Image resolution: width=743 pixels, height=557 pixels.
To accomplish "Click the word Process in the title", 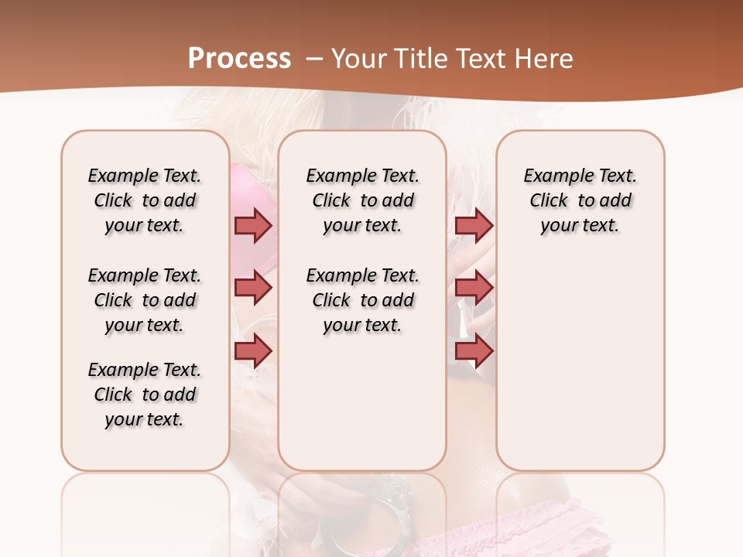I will pyautogui.click(x=239, y=59).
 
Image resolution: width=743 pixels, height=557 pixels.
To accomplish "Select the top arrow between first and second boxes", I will pyautogui.click(x=253, y=225).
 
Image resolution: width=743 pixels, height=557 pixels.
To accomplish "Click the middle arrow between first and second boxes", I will pyautogui.click(x=253, y=288).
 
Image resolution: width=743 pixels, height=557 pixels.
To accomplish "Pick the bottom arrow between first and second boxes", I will pyautogui.click(x=253, y=351).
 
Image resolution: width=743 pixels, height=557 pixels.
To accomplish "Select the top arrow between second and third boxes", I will pyautogui.click(x=474, y=225).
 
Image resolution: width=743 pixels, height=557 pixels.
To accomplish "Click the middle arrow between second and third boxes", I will pyautogui.click(x=474, y=288).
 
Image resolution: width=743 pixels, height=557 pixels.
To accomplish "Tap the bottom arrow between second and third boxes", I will pyautogui.click(x=474, y=351).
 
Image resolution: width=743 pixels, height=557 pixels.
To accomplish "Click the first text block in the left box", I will pyautogui.click(x=145, y=200).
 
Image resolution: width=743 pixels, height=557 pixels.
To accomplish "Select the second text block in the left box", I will pyautogui.click(x=145, y=300).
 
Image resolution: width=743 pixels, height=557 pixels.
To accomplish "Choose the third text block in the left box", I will pyautogui.click(x=145, y=395).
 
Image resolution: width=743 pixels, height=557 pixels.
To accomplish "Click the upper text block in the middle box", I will pyautogui.click(x=362, y=200).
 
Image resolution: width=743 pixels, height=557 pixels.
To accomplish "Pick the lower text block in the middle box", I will pyautogui.click(x=362, y=300).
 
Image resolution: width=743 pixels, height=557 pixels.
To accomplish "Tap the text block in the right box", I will pyautogui.click(x=580, y=200).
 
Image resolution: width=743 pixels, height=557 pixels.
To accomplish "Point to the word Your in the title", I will pyautogui.click(x=357, y=59).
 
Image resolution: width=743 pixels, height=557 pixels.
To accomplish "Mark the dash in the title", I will pyautogui.click(x=313, y=59).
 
